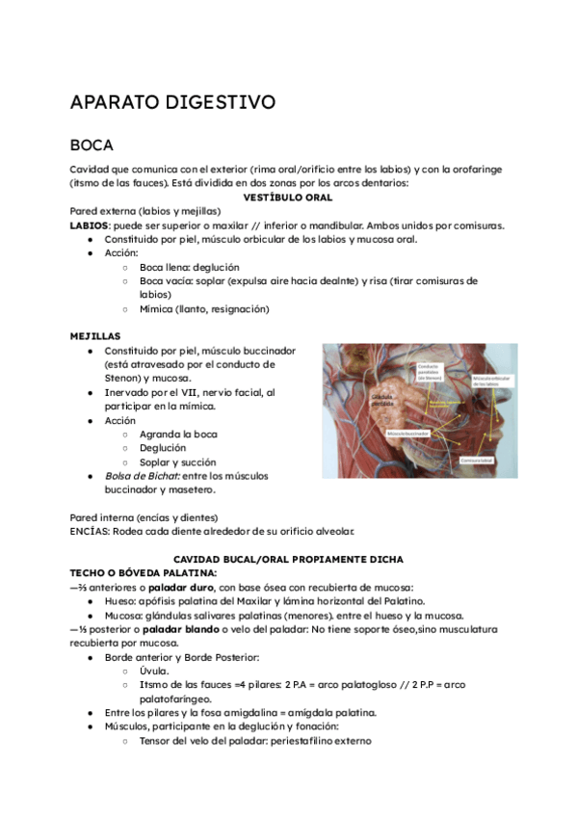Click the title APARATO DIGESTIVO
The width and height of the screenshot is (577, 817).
click(x=172, y=102)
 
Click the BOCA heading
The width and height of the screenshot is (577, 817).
click(x=92, y=145)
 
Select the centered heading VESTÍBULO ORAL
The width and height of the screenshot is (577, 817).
click(x=288, y=197)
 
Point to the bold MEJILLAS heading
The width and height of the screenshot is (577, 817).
click(x=94, y=336)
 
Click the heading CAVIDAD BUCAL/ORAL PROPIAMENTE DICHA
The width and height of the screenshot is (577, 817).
click(x=288, y=559)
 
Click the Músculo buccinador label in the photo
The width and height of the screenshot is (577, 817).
click(x=407, y=435)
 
